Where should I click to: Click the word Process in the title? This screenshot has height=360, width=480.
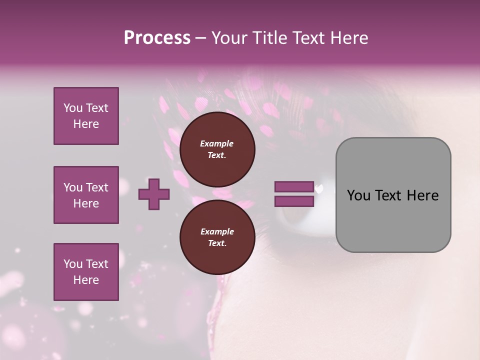click(157, 38)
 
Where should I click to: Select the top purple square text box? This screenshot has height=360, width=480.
click(86, 116)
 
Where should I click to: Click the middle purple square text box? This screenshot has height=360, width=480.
click(86, 195)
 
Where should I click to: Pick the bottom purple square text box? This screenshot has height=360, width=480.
click(86, 272)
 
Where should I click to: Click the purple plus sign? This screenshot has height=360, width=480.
click(154, 194)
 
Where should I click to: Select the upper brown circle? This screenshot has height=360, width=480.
click(217, 149)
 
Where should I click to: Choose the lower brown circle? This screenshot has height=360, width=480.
click(217, 237)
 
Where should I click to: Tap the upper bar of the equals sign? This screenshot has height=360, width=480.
click(294, 187)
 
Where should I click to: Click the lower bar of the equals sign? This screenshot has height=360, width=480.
click(294, 201)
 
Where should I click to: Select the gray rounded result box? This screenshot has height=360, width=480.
click(393, 195)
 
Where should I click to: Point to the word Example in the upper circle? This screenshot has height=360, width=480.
click(217, 143)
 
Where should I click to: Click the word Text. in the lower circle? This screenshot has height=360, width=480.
click(217, 243)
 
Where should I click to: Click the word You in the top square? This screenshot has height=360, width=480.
click(72, 108)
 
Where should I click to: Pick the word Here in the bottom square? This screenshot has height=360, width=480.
click(86, 280)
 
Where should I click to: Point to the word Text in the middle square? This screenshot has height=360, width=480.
click(96, 187)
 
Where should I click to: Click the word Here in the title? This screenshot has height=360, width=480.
click(348, 38)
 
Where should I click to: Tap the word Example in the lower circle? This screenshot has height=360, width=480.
click(217, 231)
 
